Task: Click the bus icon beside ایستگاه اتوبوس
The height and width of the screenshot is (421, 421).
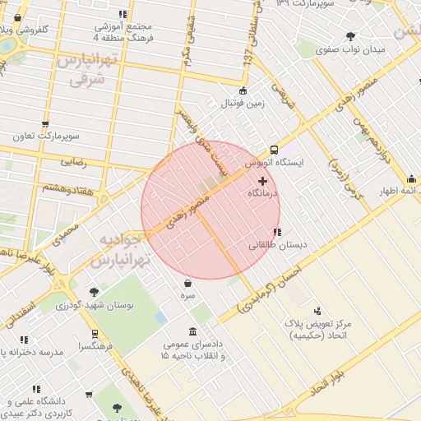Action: (273, 150)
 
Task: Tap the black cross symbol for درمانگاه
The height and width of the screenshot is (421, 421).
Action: (262, 180)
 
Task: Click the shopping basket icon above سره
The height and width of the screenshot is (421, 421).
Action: (188, 283)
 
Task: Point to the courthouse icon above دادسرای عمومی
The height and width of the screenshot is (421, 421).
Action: (192, 331)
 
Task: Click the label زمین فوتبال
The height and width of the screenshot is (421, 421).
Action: (241, 104)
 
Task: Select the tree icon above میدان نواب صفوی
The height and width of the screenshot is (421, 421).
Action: (352, 35)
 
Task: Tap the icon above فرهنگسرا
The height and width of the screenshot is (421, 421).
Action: (95, 334)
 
